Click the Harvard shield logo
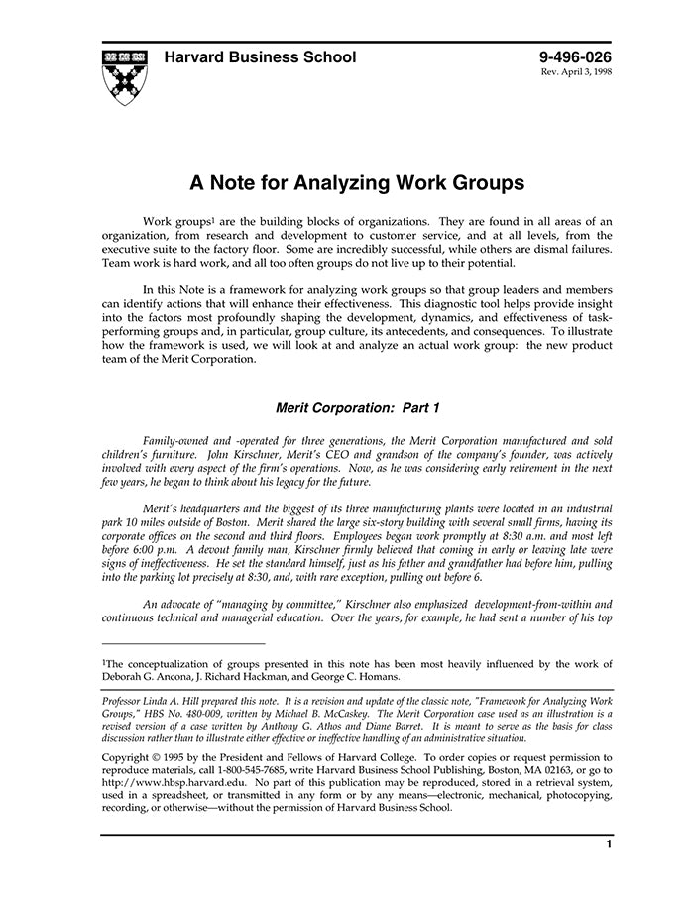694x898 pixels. click(124, 76)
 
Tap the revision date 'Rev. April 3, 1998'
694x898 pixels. click(576, 74)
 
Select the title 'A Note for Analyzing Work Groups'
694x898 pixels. click(357, 183)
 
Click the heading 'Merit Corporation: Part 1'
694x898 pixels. click(356, 407)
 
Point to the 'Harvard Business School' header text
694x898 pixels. click(260, 57)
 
